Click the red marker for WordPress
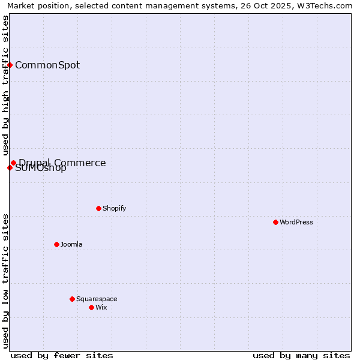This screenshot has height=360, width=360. (x=275, y=222)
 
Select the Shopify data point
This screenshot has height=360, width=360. (x=98, y=208)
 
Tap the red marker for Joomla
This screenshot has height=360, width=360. (x=56, y=244)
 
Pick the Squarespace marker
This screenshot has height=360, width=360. (x=72, y=299)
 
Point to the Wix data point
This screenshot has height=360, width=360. (x=91, y=307)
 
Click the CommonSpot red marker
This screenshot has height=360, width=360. (x=10, y=65)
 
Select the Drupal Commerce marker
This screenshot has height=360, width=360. (x=13, y=163)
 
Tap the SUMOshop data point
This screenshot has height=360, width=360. (x=10, y=167)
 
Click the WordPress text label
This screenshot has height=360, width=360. (x=296, y=222)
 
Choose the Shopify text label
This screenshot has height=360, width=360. (x=114, y=208)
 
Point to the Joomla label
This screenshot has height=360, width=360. (x=71, y=244)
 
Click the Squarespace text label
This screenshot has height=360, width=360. (x=97, y=299)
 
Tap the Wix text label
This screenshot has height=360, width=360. (x=101, y=307)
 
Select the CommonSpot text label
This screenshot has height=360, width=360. (x=47, y=65)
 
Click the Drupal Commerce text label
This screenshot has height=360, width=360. (x=62, y=163)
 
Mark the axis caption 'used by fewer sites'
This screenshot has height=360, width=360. (x=62, y=355)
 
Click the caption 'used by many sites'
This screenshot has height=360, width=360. (x=301, y=355)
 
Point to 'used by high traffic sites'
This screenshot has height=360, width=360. (x=5, y=85)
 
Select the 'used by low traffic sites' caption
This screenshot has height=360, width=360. (x=5, y=280)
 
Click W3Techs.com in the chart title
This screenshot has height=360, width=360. (x=328, y=5)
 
